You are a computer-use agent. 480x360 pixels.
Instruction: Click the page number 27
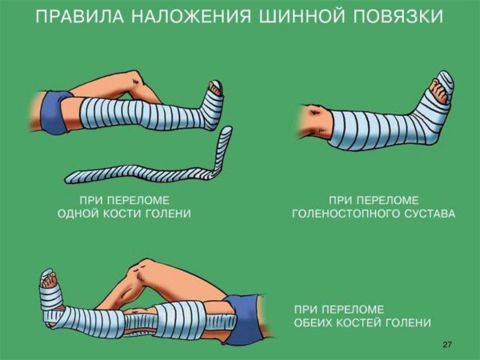point(447,344)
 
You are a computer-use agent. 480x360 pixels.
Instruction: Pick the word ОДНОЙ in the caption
point(80,214)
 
